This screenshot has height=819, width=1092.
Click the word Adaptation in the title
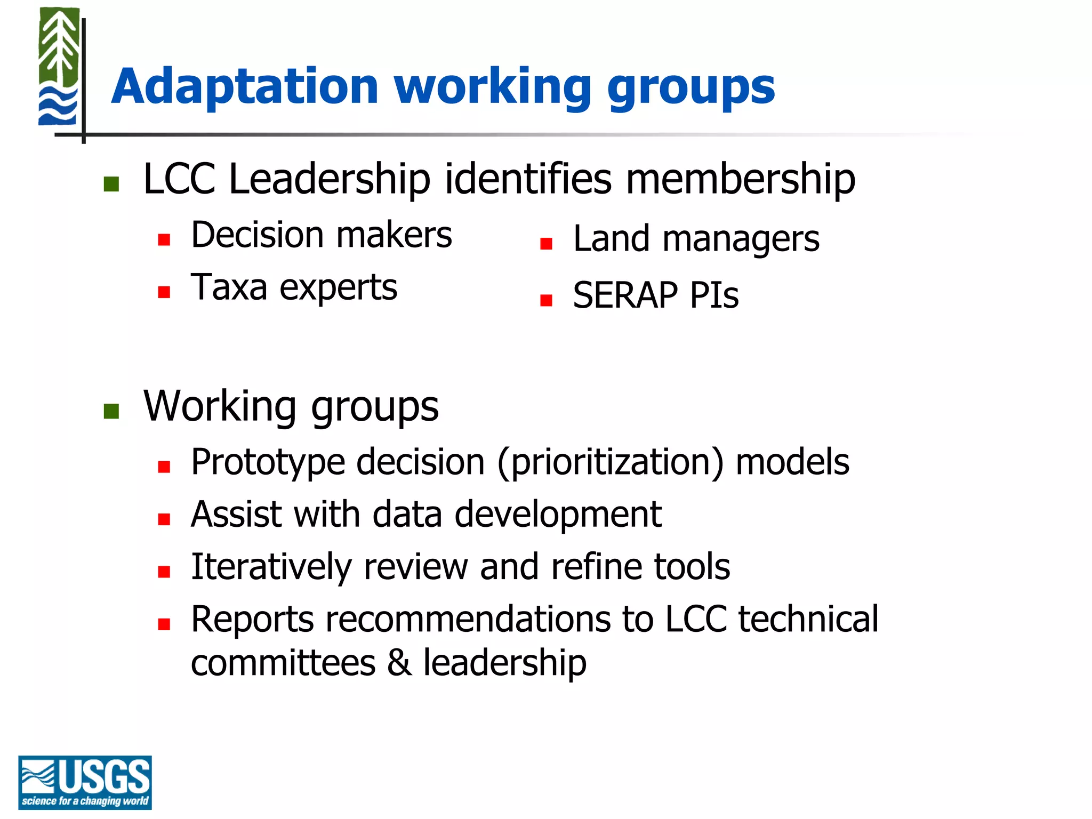(x=245, y=86)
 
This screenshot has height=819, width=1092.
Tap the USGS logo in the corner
(x=85, y=782)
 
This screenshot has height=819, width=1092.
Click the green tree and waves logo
(x=59, y=67)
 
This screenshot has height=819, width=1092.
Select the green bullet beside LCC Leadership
(x=111, y=184)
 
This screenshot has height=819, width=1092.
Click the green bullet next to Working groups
(x=111, y=411)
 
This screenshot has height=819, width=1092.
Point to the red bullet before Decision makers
(x=164, y=239)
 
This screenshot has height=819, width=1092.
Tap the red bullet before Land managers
(x=545, y=244)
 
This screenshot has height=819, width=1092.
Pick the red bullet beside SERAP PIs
(x=545, y=300)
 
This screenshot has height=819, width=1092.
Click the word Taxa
(x=229, y=287)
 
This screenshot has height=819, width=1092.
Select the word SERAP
(x=625, y=295)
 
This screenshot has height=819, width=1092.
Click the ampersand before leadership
(x=399, y=663)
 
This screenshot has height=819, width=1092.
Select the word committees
(x=283, y=663)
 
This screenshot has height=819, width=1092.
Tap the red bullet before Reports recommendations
(x=164, y=624)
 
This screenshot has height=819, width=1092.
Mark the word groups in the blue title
(x=690, y=88)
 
